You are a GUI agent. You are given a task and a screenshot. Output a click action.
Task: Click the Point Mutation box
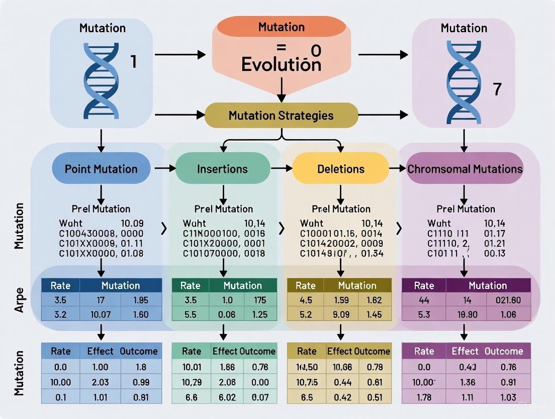(101, 168)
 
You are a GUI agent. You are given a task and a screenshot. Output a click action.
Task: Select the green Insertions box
(222, 169)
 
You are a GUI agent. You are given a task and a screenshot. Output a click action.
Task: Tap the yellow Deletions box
(340, 169)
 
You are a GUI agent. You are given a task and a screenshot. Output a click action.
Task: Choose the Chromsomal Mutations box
(465, 169)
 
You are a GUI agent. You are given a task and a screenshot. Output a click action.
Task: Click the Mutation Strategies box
(281, 115)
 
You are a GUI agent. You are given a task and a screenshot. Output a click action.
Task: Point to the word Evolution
(281, 64)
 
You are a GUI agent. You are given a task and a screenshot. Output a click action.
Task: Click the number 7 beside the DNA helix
(497, 90)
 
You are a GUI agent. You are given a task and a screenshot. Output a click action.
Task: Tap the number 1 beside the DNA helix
(133, 61)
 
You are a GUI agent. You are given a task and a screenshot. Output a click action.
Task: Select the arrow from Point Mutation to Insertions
(163, 168)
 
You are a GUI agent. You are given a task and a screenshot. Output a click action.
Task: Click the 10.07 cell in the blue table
(101, 315)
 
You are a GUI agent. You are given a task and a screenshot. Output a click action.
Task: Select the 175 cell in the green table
(260, 300)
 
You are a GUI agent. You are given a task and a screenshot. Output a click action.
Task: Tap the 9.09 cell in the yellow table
(341, 315)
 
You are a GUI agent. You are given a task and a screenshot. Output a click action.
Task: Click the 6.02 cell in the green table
(227, 397)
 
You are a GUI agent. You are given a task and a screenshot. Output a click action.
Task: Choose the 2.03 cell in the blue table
(101, 382)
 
